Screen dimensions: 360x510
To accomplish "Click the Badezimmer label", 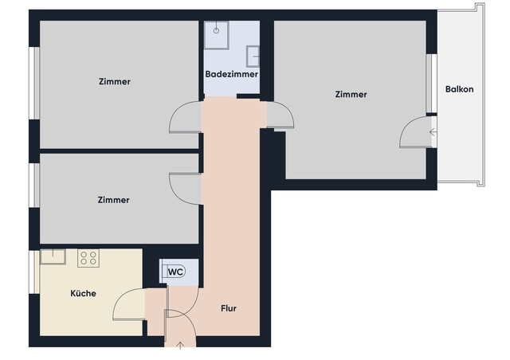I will (231, 74).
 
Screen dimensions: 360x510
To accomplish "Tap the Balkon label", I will (459, 89).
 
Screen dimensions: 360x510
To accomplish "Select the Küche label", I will (83, 293).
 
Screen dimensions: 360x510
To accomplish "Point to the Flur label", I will (229, 308).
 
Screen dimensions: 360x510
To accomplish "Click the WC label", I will (175, 272).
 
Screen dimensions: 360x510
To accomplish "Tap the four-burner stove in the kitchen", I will (88, 257).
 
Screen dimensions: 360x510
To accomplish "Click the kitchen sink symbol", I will (53, 256).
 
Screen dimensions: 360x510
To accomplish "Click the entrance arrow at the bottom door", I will (181, 345).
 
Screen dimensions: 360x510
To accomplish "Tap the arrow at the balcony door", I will (433, 132).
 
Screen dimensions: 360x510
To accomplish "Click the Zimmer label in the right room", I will (351, 94).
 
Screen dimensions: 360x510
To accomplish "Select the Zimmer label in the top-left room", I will (115, 81).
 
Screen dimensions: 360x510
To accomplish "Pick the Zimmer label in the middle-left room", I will (113, 200).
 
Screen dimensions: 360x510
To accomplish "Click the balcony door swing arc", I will (414, 131).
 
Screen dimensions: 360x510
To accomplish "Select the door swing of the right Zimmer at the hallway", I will (281, 116).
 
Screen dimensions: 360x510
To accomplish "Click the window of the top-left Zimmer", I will (35, 84).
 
